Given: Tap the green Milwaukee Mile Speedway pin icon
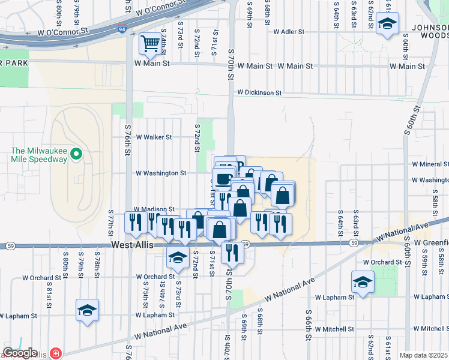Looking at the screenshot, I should (x=76, y=154).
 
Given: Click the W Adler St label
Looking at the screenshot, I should (x=290, y=31).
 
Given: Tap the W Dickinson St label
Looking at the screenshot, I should (x=259, y=93).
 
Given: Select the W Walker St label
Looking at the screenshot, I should (x=154, y=137).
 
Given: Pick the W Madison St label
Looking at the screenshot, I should (x=155, y=209).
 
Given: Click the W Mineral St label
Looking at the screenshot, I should (x=430, y=164).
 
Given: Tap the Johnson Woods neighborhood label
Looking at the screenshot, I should (x=430, y=31).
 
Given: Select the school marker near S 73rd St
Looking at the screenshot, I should (x=178, y=257).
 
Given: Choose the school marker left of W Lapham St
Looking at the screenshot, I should (x=88, y=310).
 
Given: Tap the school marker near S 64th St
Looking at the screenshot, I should (x=363, y=281).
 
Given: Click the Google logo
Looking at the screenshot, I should (x=20, y=353).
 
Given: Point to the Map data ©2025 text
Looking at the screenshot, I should (x=423, y=355).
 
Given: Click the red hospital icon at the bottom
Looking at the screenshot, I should (x=56, y=354).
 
